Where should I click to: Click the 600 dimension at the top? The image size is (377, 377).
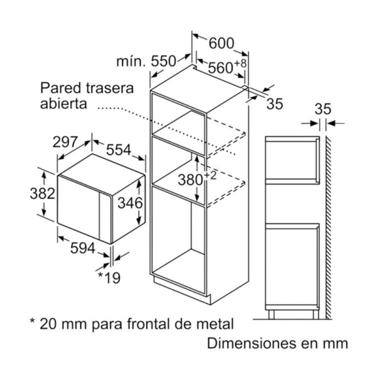click(221, 43)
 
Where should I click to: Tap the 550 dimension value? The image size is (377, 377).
click(163, 61)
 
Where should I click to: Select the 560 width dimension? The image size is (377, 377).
click(221, 68)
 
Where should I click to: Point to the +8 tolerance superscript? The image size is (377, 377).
click(241, 63)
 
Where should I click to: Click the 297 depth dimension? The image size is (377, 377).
click(65, 141)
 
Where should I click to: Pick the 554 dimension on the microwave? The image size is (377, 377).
click(119, 150)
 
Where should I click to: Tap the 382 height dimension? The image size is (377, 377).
click(43, 194)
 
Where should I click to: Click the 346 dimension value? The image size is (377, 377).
click(130, 203)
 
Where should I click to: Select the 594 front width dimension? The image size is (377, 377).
click(83, 248)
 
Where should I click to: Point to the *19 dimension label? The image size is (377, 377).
click(109, 278)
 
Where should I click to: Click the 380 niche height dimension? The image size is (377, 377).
click(190, 180)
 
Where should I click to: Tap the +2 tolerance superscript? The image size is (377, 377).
click(210, 175)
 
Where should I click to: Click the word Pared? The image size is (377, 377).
click(60, 88)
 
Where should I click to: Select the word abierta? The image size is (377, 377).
click(63, 104)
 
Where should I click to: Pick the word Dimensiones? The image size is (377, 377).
click(251, 343)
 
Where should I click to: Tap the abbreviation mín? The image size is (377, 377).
click(131, 61)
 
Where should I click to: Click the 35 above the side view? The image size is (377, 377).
click(323, 109)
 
